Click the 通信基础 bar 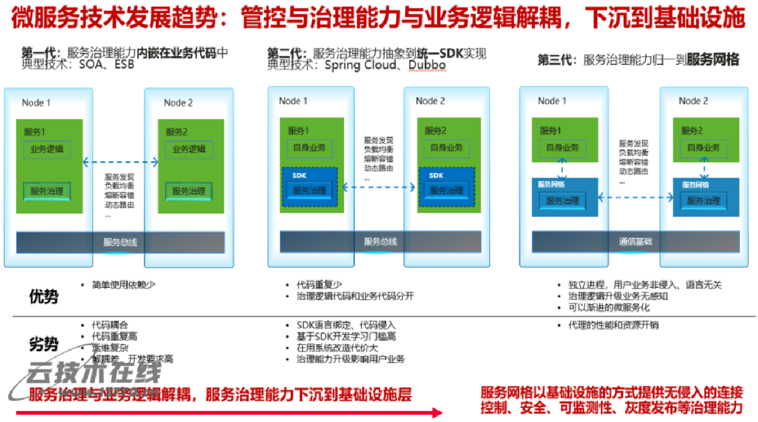coord(635,242)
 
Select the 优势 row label coord(44,296)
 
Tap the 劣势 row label coord(44,344)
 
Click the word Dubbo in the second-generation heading coord(427,65)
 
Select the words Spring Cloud coord(361,65)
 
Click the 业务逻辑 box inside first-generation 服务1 coord(47,150)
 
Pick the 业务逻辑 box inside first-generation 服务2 coord(189,150)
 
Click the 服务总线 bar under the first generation coord(120,242)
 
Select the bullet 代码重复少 coord(319,284)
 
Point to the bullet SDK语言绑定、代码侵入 coord(346,325)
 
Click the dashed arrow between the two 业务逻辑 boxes coord(121,161)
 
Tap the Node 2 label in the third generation coord(693,101)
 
